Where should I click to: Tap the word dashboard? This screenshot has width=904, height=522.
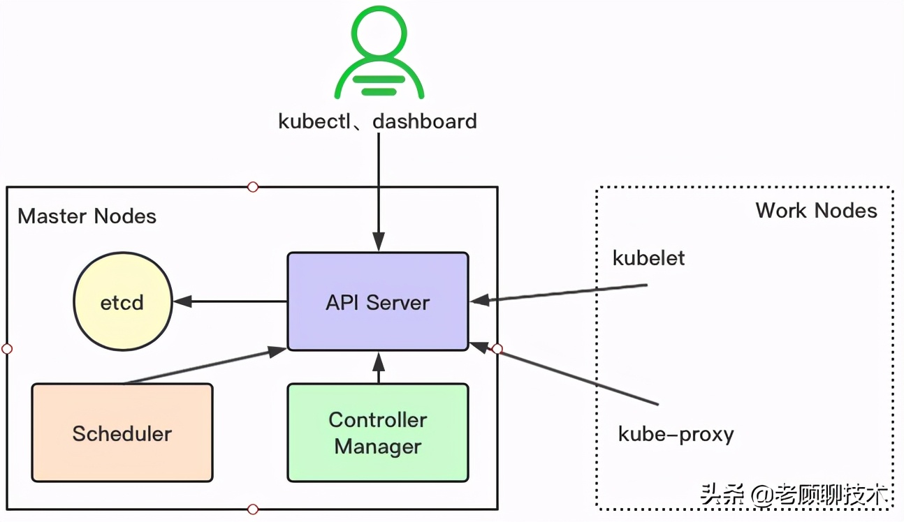(x=425, y=121)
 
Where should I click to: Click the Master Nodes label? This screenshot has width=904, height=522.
(x=87, y=216)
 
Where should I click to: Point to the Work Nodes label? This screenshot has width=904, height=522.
(x=816, y=211)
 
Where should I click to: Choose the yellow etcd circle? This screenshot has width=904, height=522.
(x=122, y=302)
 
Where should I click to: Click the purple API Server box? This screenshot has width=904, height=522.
(x=378, y=301)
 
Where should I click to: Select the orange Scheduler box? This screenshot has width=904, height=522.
(x=122, y=433)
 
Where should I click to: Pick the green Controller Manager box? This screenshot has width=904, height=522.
(x=378, y=433)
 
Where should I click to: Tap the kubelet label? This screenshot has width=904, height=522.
(x=648, y=258)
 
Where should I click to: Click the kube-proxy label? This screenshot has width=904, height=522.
(x=676, y=435)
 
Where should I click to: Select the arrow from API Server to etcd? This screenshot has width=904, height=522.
(x=231, y=301)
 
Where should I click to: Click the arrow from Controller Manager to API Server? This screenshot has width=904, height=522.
(x=379, y=367)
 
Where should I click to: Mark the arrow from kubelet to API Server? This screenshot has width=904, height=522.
(x=559, y=293)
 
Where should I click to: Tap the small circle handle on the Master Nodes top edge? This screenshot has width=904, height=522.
(x=253, y=187)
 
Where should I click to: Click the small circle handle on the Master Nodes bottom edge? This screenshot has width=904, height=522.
(x=253, y=509)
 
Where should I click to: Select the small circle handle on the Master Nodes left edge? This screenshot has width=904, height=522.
(x=7, y=348)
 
